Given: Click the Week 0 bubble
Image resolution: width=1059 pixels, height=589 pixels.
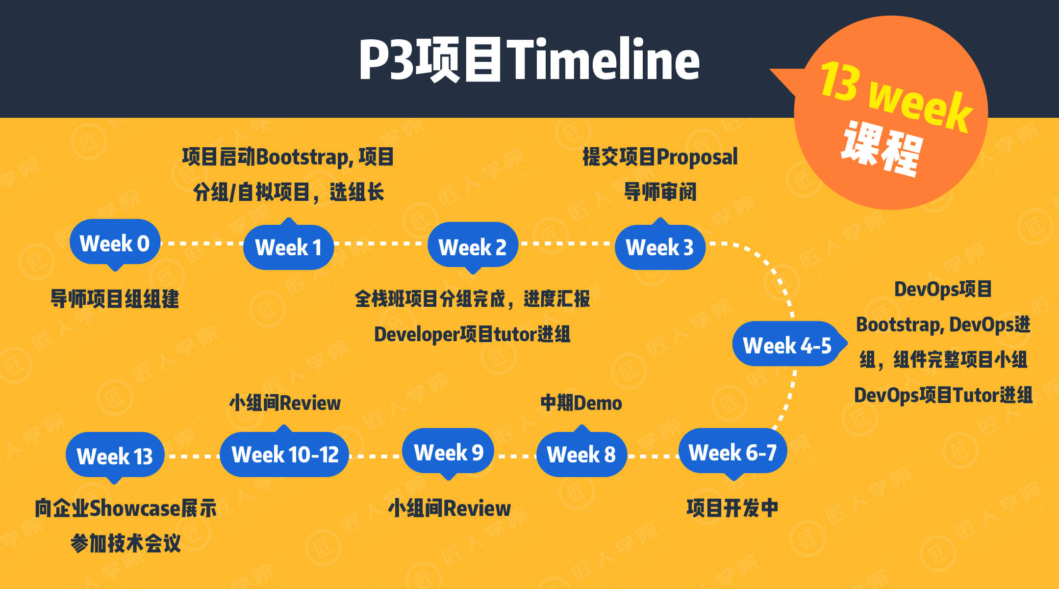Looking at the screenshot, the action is click(x=115, y=243).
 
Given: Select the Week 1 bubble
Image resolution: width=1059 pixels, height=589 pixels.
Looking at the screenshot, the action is click(x=289, y=246).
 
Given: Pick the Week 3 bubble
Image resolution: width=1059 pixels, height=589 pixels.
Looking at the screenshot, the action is click(x=660, y=246).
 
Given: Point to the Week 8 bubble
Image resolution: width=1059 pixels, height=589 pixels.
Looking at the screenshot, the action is click(x=581, y=454).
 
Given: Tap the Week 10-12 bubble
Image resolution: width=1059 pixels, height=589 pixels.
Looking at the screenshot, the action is click(x=284, y=454).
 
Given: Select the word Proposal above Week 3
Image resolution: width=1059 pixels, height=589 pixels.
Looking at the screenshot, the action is click(x=697, y=158).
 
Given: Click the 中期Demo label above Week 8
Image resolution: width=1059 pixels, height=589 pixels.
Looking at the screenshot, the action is click(x=581, y=403).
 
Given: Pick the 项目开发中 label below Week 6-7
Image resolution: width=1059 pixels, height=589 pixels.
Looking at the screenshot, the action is click(x=732, y=508).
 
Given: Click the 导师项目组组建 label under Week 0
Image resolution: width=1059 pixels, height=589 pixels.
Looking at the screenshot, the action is click(x=115, y=299).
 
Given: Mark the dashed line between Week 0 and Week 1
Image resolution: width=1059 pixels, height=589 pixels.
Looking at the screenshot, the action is click(x=202, y=243).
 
